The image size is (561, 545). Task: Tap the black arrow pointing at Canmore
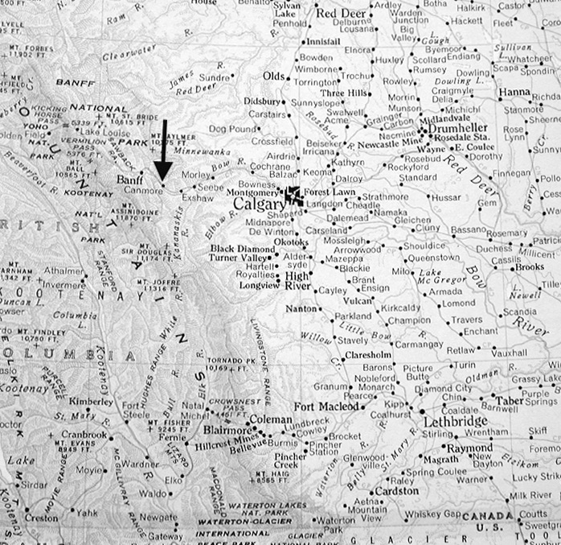point(163,152)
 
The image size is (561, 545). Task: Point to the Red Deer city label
point(342,13)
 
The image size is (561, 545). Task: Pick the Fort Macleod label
point(326,407)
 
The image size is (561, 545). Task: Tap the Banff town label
point(130,180)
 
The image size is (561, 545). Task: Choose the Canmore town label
point(144,191)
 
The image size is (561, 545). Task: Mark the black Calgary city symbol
point(293,195)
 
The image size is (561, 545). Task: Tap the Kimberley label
point(91,400)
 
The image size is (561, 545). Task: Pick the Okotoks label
point(291,242)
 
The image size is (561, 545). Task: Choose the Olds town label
point(274,76)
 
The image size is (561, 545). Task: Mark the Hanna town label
point(515,92)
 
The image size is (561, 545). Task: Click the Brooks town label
point(530,266)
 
